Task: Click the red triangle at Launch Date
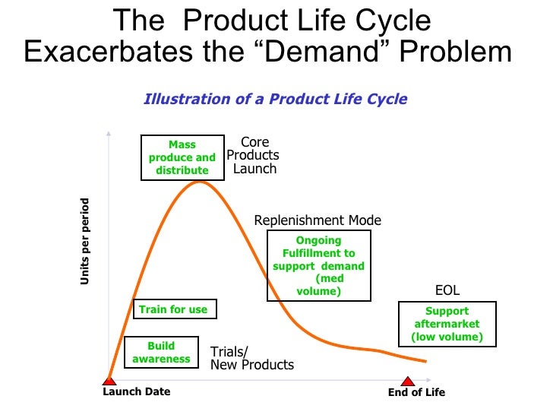pos(109,380)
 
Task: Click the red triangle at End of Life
pos(408,380)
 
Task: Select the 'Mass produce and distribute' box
pos(182,157)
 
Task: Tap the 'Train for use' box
pos(173,309)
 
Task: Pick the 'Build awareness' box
pos(161,352)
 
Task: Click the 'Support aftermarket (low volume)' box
pos(447,324)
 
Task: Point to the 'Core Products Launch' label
pos(254,155)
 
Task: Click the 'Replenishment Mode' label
pos(318,220)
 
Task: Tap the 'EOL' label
pos(447,290)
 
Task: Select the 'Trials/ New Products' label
pos(251,358)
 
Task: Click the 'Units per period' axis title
pos(85,242)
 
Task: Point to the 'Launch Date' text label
pos(137,392)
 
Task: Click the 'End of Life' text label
pos(416,392)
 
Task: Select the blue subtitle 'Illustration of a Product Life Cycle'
pos(276,99)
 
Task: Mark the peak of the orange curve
pos(200,181)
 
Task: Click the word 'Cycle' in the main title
pos(393,21)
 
